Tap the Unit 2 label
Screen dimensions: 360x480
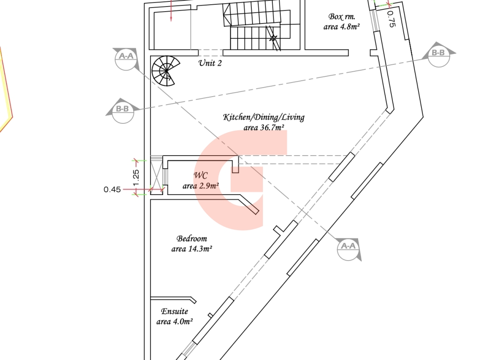210,63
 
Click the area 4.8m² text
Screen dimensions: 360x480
341,27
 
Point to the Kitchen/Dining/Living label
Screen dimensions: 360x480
263,117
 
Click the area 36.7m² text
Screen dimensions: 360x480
264,127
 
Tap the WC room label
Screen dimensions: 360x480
201,175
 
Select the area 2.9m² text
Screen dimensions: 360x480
201,186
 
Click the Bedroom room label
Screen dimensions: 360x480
192,239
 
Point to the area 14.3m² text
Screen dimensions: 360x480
192,249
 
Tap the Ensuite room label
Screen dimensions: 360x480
174,311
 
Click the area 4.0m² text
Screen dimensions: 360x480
174,322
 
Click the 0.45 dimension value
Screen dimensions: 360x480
112,190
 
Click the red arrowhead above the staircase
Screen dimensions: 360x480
172,18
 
